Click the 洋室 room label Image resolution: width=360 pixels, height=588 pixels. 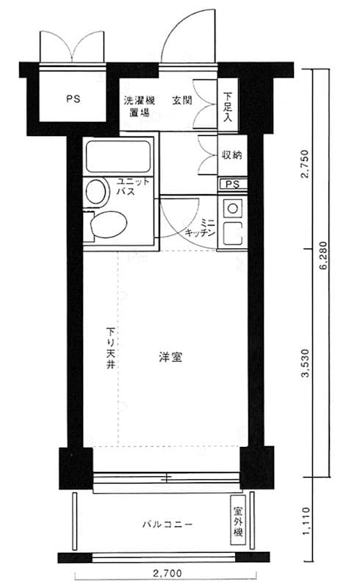click(170, 357)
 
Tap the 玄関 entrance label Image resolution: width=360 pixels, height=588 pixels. click(182, 101)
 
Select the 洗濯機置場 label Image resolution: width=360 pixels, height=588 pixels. click(139, 106)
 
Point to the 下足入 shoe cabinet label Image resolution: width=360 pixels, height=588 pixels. click(228, 107)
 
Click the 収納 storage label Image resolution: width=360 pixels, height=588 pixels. click(232, 154)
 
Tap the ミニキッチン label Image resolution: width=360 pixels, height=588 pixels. click(201, 228)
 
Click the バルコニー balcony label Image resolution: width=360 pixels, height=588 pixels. click(168, 524)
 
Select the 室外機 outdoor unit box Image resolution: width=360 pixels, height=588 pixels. click(238, 521)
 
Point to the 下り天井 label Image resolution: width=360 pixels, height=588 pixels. click(110, 348)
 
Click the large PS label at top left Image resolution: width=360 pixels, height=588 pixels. click(73, 99)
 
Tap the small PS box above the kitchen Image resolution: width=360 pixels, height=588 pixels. click(233, 184)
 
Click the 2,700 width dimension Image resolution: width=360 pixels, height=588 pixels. click(168, 574)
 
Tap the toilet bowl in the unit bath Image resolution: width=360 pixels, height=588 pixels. click(109, 224)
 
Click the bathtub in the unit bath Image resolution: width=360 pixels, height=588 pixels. click(118, 157)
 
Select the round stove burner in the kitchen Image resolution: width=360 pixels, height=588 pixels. click(232, 209)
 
